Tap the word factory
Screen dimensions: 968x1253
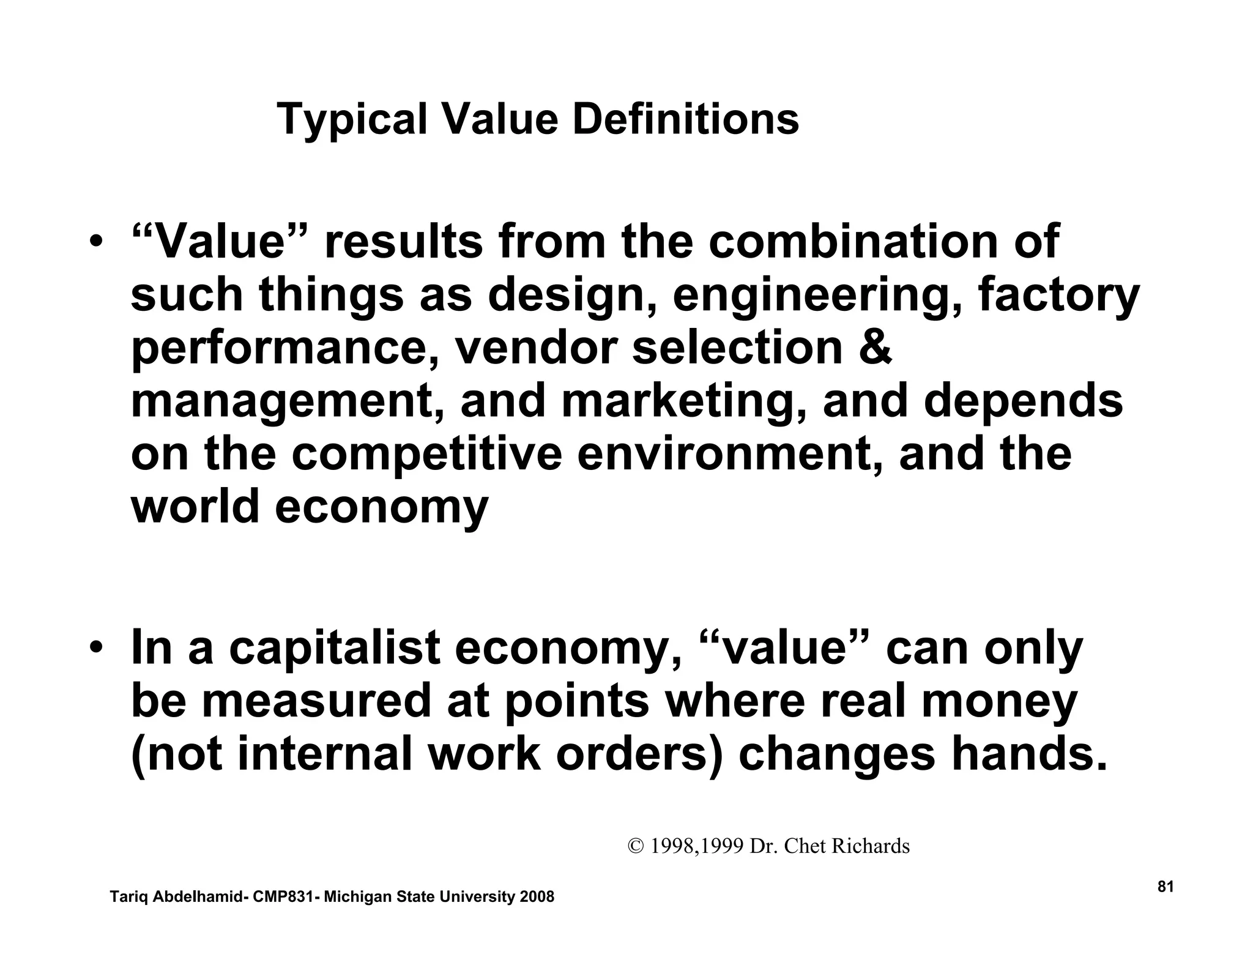point(1058,296)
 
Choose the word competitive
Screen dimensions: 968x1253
point(426,454)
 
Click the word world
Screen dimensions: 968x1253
point(195,507)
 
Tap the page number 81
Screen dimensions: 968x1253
point(1166,887)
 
